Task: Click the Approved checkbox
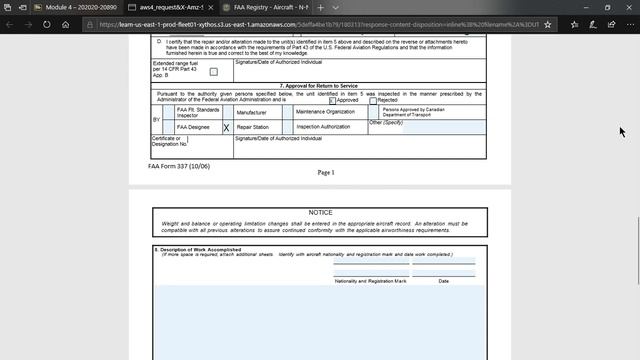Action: (x=333, y=101)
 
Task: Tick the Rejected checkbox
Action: (x=373, y=101)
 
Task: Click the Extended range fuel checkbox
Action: (x=213, y=72)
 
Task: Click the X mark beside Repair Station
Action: (x=226, y=128)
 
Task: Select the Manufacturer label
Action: (x=251, y=113)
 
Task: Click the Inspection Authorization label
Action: (x=323, y=127)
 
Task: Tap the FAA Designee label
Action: (x=193, y=128)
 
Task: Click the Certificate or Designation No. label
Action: (x=169, y=141)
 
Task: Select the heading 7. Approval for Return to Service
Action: (x=318, y=86)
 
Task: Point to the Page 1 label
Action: (x=325, y=172)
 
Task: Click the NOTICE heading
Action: (x=320, y=213)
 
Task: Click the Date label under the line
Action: (x=443, y=281)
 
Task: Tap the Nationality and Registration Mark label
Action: (x=370, y=281)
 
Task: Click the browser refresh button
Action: (x=66, y=24)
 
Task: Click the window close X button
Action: (x=625, y=7)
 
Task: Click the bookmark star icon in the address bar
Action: (x=547, y=24)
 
